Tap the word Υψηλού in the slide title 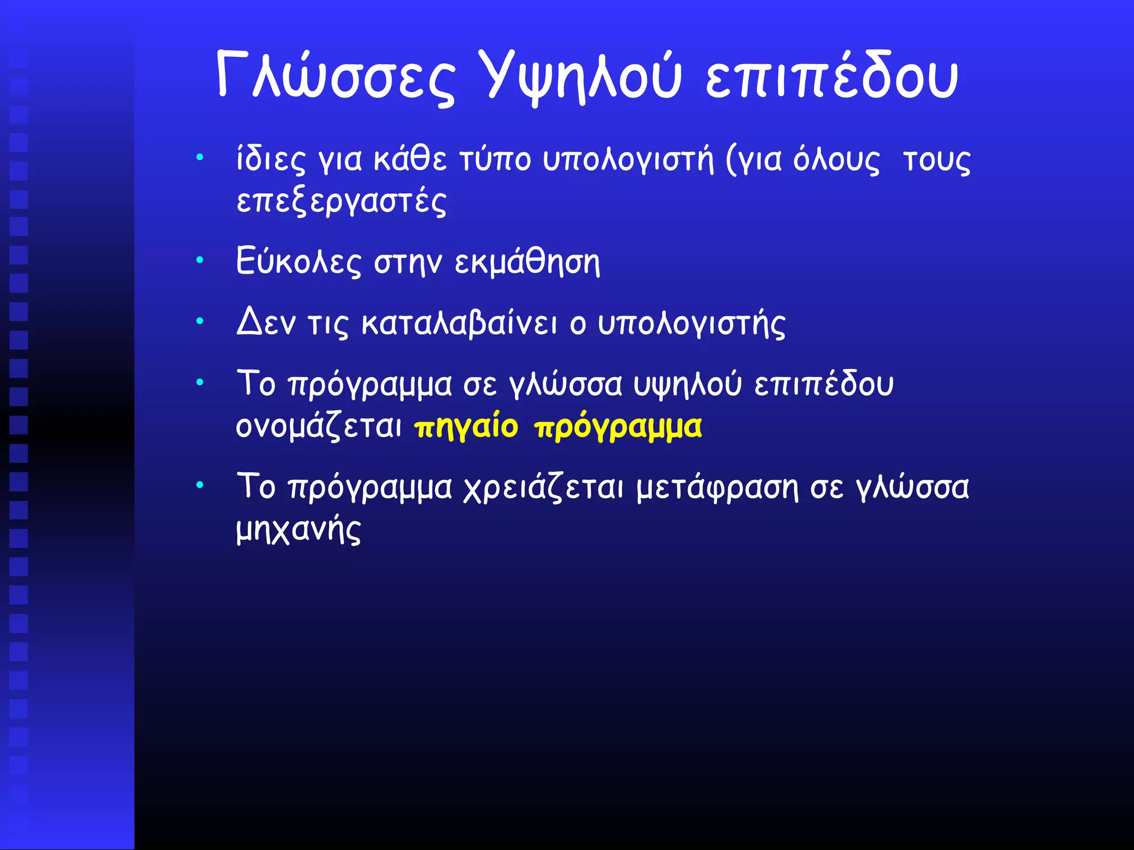pos(579,76)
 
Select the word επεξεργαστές pos(341,201)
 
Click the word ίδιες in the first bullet pos(270,160)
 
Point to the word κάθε pos(410,159)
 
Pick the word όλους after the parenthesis pos(836,160)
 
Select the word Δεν pos(266,323)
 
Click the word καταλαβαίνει pos(460,323)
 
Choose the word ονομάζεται pos(319,427)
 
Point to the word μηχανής pos(298,530)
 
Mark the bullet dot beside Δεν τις pos(200,320)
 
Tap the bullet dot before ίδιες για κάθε pos(200,157)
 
